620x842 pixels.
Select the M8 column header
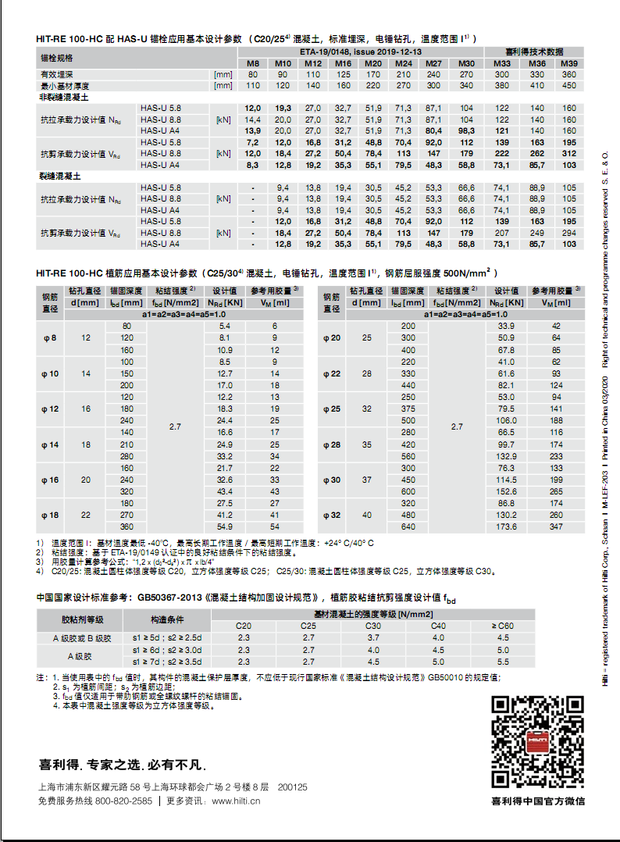click(253, 63)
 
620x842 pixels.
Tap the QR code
click(537, 742)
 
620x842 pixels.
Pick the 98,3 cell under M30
click(466, 131)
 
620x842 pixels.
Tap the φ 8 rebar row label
click(49, 338)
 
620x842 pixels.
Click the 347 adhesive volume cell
click(556, 528)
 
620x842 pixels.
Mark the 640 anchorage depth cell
click(408, 528)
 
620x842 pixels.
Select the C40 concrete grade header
click(438, 626)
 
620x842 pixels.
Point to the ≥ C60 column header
click(503, 626)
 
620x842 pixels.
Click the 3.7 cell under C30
click(373, 638)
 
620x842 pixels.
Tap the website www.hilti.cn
click(236, 801)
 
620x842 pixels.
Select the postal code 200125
click(293, 787)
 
